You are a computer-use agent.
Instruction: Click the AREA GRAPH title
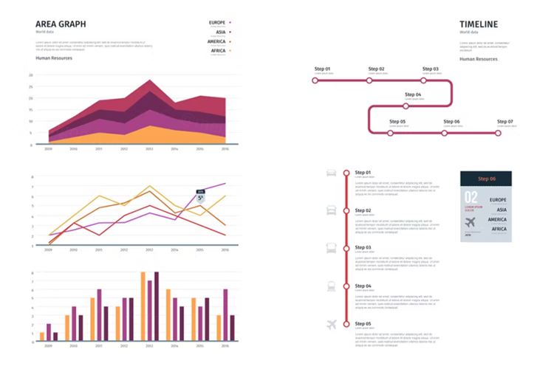coord(61,24)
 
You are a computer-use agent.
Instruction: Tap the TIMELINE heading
coord(479,24)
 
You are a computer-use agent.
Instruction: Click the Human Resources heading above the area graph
coord(54,58)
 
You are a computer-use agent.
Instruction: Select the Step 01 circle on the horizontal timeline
coord(315,80)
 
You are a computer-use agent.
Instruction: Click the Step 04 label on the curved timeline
coord(413,94)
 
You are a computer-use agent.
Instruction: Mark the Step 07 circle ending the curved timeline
coord(498,133)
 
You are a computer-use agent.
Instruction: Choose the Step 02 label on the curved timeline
coord(377,69)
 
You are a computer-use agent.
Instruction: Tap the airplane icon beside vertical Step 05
coord(332,324)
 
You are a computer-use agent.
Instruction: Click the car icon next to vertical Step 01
coord(332,173)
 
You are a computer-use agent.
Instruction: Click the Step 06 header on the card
coord(487,179)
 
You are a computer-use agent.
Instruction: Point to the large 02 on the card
coord(471,197)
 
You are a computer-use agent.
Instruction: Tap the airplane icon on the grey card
coord(471,222)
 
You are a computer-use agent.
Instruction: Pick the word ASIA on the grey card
coord(497,210)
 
